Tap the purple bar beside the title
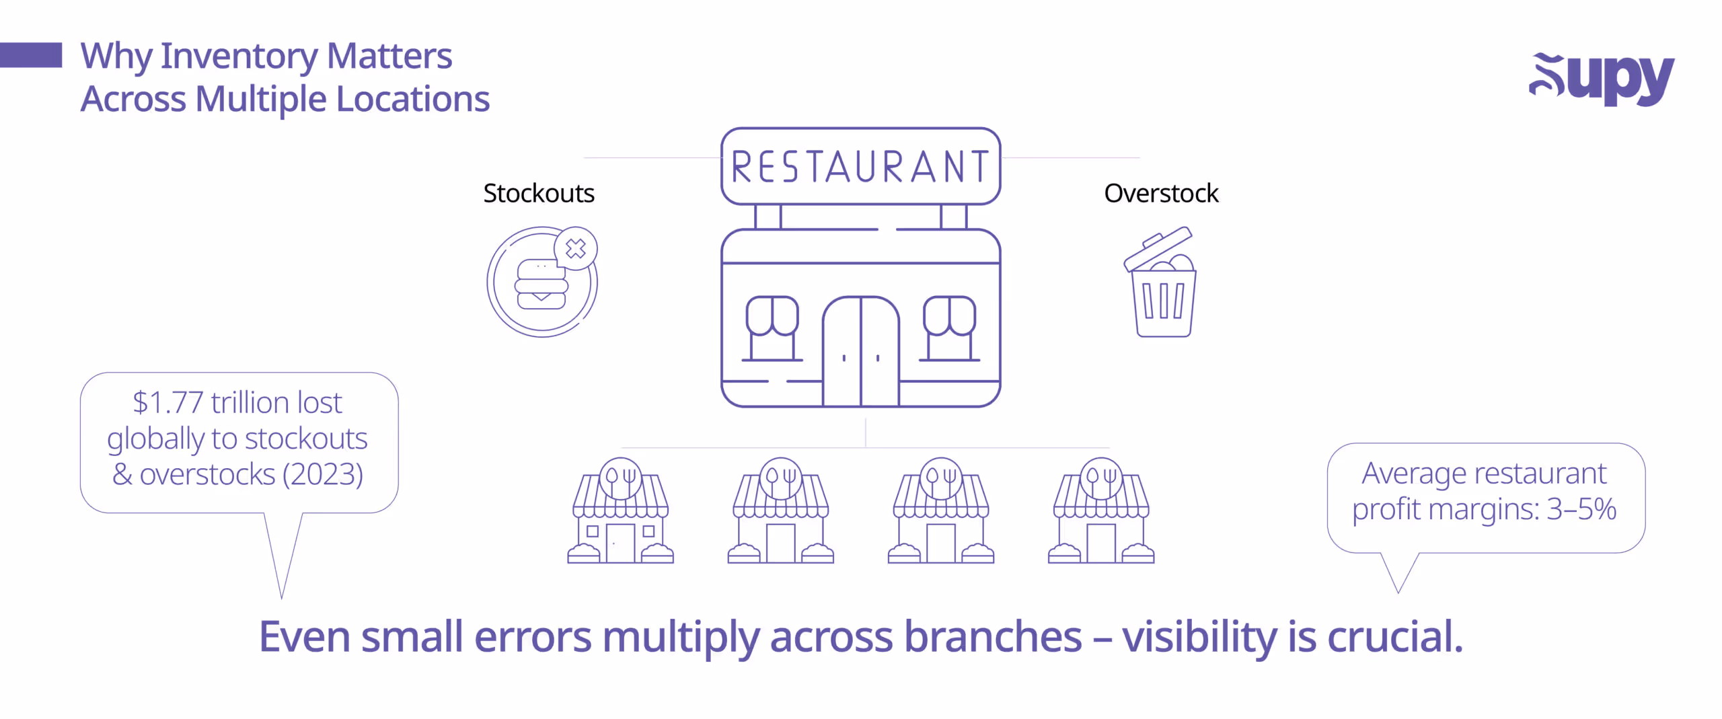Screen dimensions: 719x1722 (x=31, y=55)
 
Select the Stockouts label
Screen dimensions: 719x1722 (x=538, y=194)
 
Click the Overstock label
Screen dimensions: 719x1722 (x=1161, y=194)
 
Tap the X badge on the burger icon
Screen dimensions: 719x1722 (x=576, y=249)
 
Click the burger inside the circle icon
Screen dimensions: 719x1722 (x=540, y=285)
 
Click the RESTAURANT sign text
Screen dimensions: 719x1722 (x=860, y=167)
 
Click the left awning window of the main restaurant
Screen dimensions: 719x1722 (x=772, y=328)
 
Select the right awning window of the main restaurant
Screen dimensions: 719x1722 (x=949, y=328)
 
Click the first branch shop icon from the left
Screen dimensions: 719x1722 (x=620, y=513)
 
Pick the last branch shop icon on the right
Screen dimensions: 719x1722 (x=1101, y=513)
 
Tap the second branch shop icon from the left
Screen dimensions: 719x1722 (x=780, y=513)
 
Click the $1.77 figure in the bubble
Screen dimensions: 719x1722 (x=167, y=403)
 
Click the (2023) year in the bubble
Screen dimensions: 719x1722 (x=323, y=474)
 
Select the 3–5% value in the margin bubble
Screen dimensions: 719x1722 (x=1581, y=509)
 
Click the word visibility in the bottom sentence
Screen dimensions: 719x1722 (x=1199, y=637)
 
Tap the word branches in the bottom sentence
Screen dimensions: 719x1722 (x=993, y=637)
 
